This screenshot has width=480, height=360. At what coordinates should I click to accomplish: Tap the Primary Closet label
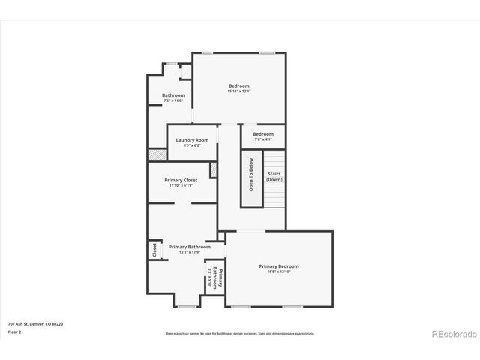pos(181,180)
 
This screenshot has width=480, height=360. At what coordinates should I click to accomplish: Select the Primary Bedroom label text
pos(279,266)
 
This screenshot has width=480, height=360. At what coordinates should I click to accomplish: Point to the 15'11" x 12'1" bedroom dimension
pos(239,91)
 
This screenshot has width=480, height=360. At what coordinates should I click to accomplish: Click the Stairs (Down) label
pos(274,177)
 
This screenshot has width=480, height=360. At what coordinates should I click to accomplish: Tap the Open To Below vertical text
pos(251,175)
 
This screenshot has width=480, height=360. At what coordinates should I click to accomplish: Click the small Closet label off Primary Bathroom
pos(154,250)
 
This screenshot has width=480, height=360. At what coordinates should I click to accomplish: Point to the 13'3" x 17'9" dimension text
pos(189,252)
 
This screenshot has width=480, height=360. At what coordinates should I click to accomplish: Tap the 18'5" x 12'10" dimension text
pos(279,271)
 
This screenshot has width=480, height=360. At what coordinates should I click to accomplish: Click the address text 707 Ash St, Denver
pos(36,323)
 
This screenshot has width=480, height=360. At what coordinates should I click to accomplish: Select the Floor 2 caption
pos(14,331)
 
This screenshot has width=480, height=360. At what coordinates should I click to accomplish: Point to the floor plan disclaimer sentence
pos(240,334)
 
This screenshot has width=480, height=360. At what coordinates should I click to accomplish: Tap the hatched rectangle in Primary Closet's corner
pos(214,169)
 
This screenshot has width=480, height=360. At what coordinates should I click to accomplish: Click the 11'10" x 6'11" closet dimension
pos(181,185)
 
